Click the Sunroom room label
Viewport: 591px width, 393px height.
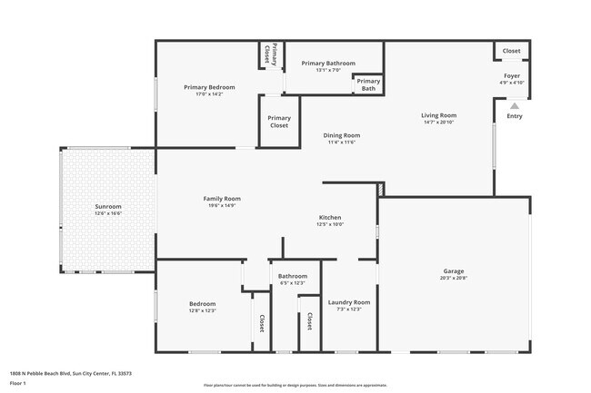[x=108, y=207]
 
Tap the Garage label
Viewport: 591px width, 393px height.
[x=454, y=270]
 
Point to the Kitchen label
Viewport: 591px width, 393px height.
[x=329, y=218]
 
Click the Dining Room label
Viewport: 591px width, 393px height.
[x=342, y=135]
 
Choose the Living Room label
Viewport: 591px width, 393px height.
[x=438, y=115]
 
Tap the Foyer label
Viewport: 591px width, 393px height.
[x=512, y=76]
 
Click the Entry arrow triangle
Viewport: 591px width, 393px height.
[x=514, y=105]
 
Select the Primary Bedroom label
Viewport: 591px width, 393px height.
[x=209, y=87]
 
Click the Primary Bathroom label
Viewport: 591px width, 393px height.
[x=327, y=63]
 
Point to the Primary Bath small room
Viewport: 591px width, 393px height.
[x=368, y=85]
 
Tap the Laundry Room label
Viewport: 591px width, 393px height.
[x=349, y=301]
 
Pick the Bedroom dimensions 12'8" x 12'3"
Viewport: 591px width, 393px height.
[x=202, y=311]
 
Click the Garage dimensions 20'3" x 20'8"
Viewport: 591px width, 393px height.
[x=454, y=278]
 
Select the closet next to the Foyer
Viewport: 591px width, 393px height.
[x=512, y=51]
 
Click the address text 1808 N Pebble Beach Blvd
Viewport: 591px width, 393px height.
[x=70, y=373]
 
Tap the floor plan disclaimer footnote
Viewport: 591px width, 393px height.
[x=295, y=386]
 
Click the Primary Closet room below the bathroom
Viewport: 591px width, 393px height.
[x=279, y=122]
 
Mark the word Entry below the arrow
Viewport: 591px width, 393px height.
[x=515, y=116]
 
